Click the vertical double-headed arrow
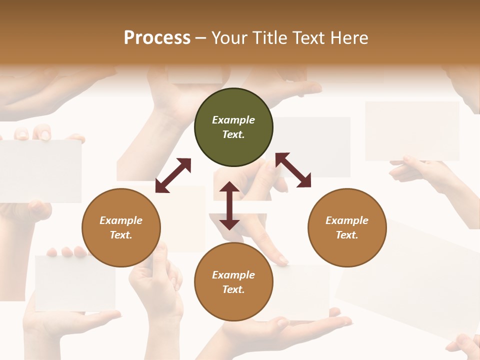(229, 205)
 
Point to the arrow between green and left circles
(173, 175)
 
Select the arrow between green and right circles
(293, 170)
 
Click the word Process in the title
(157, 37)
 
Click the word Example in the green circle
(233, 120)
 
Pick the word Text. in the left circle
(121, 235)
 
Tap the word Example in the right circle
(347, 220)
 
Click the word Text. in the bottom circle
(233, 289)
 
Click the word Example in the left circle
(121, 220)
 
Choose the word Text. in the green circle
(233, 134)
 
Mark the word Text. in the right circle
(347, 235)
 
